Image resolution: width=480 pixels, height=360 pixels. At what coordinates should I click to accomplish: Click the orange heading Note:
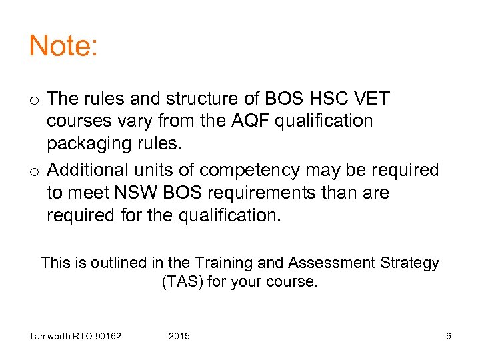pyautogui.click(x=63, y=46)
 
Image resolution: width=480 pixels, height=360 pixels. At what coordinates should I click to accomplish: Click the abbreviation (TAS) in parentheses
pyautogui.click(x=182, y=282)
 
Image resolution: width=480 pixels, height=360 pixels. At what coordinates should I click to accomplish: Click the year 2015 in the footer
pyautogui.click(x=179, y=336)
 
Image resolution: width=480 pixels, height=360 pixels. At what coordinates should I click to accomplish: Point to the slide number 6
pyautogui.click(x=448, y=336)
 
